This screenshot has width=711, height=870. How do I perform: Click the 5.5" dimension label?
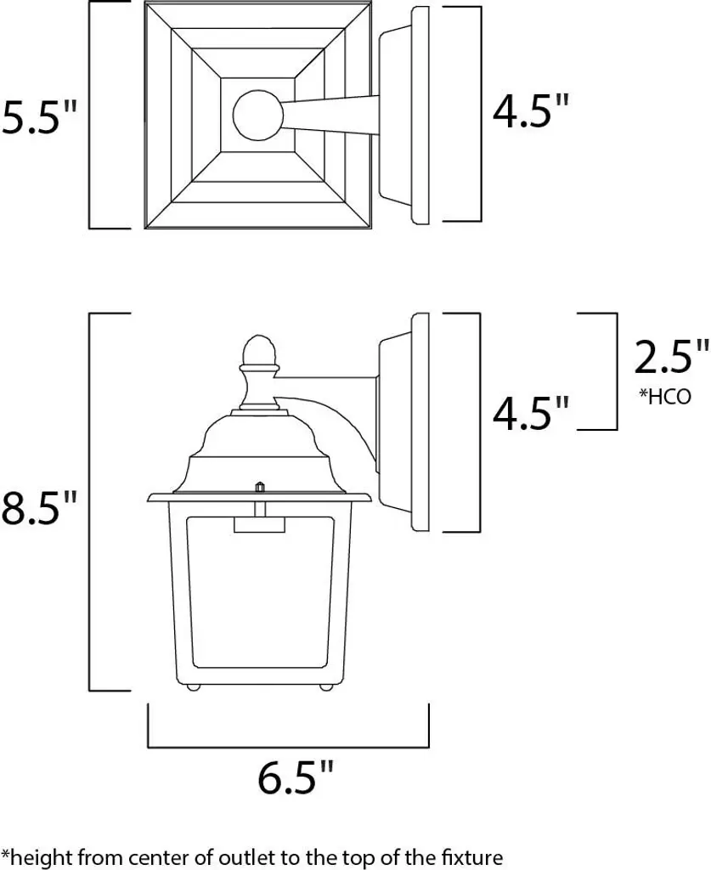point(39,117)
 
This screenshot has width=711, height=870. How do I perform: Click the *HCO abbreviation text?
point(665,396)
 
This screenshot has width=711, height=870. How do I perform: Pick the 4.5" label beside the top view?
point(531,111)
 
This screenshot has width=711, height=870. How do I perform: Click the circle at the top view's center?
point(258,116)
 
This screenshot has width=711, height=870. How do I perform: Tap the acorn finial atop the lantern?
point(259,351)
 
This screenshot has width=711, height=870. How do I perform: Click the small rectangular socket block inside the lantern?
point(259,525)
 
